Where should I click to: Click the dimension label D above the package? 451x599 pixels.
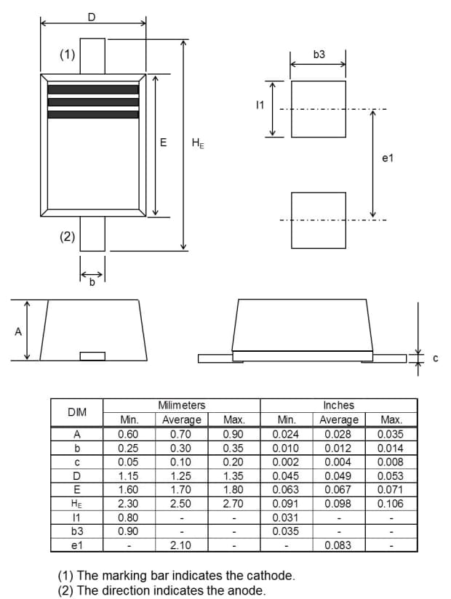[91, 16]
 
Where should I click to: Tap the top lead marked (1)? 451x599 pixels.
[92, 55]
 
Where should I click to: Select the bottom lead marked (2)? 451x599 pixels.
[92, 234]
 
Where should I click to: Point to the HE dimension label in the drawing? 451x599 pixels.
[197, 143]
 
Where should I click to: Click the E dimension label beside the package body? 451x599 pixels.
[164, 142]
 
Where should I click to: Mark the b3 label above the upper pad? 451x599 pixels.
[319, 55]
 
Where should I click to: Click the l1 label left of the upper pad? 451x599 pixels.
[260, 105]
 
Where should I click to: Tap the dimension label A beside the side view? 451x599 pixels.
[17, 332]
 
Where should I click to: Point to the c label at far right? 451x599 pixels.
[435, 358]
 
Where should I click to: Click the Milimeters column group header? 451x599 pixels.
[181, 405]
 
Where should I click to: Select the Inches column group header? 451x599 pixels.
[338, 405]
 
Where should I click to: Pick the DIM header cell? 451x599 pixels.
[76, 412]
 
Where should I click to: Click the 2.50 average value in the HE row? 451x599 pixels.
[180, 503]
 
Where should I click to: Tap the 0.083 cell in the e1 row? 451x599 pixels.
[338, 544]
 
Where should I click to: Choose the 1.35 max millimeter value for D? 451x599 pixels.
[234, 475]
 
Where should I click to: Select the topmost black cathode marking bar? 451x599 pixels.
[93, 89]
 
